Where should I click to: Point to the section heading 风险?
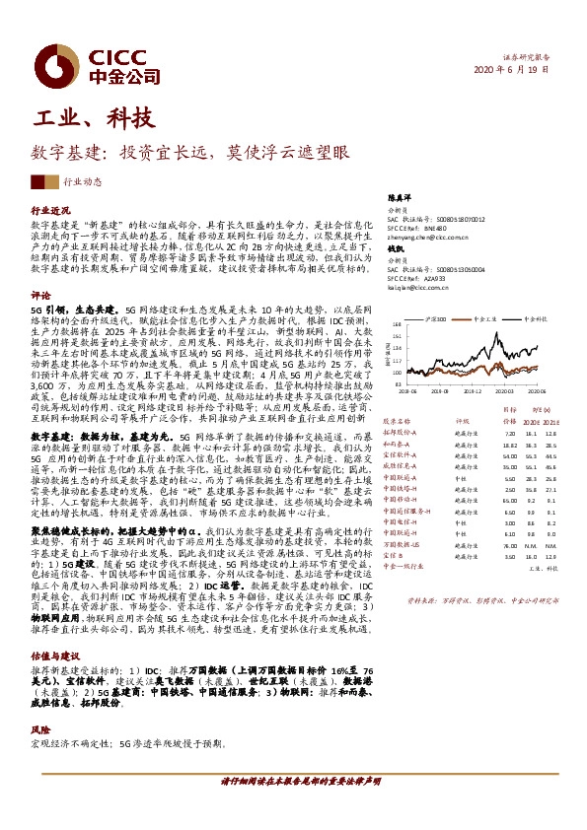(x=40, y=729)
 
